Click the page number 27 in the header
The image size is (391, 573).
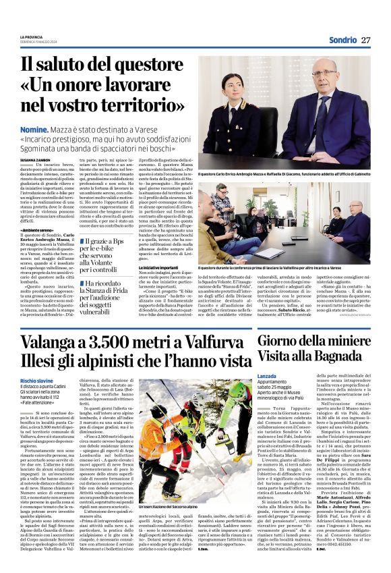point(366,40)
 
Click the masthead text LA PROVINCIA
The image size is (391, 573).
point(32,36)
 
